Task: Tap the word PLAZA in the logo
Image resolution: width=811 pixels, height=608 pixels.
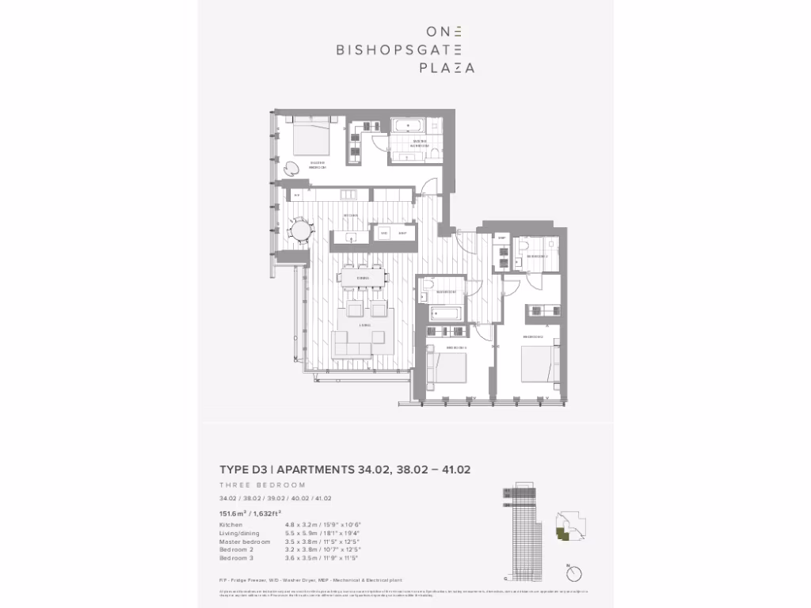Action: (x=447, y=68)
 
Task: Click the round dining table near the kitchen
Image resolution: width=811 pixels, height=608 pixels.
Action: (x=301, y=230)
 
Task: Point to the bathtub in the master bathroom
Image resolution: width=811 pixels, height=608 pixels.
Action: (x=410, y=126)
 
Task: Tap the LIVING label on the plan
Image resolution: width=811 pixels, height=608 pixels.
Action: (x=364, y=325)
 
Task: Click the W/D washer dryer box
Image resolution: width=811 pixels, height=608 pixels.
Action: (x=385, y=234)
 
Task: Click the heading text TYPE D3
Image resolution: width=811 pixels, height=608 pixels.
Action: (x=243, y=469)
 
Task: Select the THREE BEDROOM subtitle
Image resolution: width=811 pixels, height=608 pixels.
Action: (x=262, y=484)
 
